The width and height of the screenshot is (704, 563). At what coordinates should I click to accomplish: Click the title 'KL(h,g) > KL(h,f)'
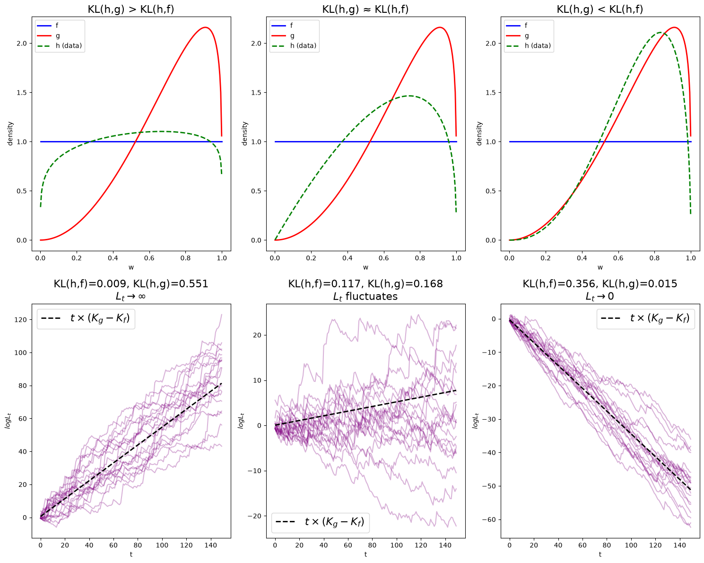click(131, 9)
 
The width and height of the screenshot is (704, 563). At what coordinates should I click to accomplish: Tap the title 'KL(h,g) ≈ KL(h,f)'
click(365, 9)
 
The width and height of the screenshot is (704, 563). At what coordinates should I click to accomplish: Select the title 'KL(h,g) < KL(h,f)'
click(600, 9)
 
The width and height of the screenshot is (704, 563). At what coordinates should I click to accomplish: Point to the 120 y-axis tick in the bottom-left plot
click(21, 319)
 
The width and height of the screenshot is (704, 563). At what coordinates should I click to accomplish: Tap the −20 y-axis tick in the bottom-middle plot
click(254, 516)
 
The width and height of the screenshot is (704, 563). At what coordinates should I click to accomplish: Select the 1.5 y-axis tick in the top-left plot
click(22, 93)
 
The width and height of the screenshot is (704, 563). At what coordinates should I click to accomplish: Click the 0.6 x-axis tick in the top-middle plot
click(383, 258)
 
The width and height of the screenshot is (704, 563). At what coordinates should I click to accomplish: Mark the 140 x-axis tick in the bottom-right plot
click(679, 545)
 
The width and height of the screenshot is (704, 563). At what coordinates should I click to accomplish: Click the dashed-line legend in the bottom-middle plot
click(320, 523)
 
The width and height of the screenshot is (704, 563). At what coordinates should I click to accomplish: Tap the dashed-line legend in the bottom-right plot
click(645, 318)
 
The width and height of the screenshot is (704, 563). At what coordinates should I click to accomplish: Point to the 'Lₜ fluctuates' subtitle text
click(365, 297)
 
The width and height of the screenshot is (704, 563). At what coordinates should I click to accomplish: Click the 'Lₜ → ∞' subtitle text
click(131, 297)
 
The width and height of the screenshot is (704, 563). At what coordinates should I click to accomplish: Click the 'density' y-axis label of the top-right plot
click(479, 133)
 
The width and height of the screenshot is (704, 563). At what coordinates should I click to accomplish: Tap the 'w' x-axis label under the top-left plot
click(131, 267)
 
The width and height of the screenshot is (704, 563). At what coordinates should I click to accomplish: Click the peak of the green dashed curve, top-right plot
click(660, 32)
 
